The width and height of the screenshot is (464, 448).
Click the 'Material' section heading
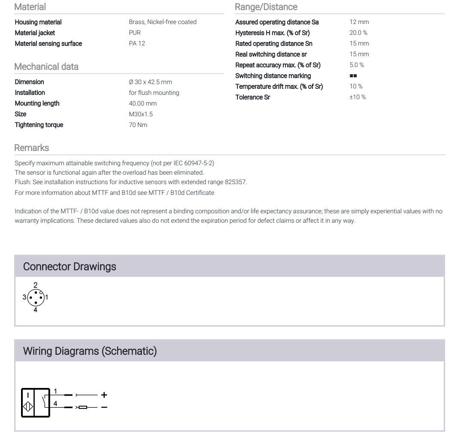30,7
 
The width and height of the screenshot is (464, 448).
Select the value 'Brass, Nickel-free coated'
163,22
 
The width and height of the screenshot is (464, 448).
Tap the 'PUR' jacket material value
135,33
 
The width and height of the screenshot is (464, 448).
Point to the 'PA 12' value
137,43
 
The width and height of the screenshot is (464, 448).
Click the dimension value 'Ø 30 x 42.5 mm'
150,82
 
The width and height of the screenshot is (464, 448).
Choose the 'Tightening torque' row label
39,125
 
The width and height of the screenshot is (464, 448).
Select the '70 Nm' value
138,125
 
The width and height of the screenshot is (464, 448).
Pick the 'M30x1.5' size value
141,114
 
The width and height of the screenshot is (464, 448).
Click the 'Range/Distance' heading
266,7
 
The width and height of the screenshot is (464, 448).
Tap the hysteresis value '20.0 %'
358,33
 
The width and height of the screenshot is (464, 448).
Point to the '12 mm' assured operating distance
359,22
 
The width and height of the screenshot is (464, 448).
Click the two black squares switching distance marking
353,76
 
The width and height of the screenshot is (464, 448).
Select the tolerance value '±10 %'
358,97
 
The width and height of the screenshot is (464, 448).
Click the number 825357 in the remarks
236,182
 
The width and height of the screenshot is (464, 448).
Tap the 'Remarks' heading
32,148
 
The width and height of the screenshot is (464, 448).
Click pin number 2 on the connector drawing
36,285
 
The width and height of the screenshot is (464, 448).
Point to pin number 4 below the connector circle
36,310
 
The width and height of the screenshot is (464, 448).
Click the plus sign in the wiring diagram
104,395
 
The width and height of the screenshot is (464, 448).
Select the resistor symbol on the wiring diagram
83,407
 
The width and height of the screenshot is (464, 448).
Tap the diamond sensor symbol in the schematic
28,407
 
